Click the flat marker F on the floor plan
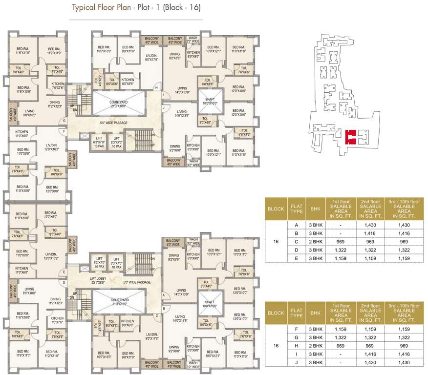tap(64, 131)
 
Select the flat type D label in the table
tap(296, 250)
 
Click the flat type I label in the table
tap(296, 354)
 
